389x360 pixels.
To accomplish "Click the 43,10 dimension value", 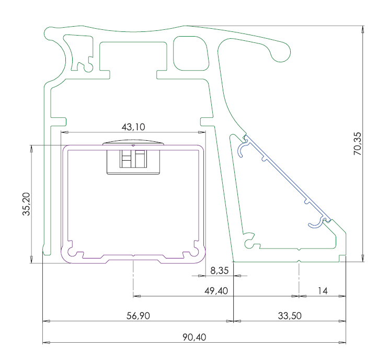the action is coord(133,127).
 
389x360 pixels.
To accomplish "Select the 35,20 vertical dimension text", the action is coord(26,204).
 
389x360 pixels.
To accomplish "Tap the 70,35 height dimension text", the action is coord(358,144).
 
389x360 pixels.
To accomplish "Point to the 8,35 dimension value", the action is coord(219,271).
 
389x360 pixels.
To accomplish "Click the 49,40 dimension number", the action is coord(216,291).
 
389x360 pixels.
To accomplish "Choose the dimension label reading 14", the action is coord(323,291).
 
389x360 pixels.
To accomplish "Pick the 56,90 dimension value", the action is coord(138,316).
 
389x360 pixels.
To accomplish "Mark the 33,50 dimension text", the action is coord(290,316).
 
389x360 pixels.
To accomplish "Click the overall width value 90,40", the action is coord(194,337).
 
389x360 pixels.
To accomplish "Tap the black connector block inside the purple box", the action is coord(133,162).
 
